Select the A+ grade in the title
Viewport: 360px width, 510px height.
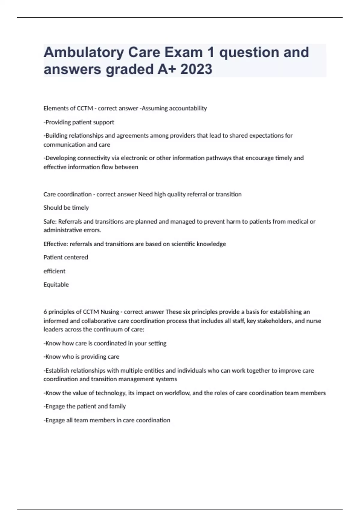(x=167, y=70)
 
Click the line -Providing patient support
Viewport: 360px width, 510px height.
(x=79, y=122)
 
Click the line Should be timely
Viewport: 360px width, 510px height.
(x=66, y=208)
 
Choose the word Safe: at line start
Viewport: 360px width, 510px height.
(x=50, y=222)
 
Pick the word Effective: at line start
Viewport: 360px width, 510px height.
(x=56, y=244)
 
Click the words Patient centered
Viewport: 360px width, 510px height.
(x=66, y=257)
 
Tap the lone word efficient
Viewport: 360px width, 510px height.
(x=54, y=271)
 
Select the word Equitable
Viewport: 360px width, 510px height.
(x=56, y=285)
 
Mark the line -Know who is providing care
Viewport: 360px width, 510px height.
(x=81, y=357)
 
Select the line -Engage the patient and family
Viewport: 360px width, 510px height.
(x=85, y=406)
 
